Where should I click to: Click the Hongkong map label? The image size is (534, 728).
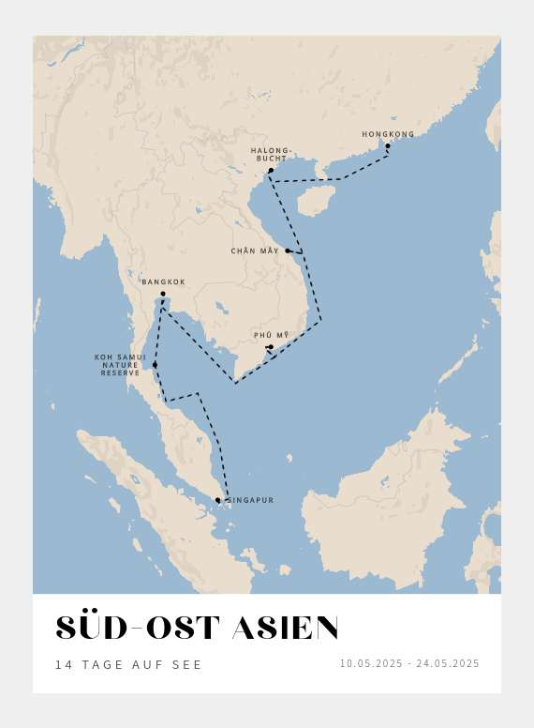tap(388, 134)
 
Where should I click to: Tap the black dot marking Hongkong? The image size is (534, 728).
tap(388, 145)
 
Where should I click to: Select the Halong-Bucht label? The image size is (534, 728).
tap(272, 155)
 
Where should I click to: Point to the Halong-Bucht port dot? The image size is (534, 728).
tap(271, 171)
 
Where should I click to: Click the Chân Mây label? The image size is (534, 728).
tap(255, 250)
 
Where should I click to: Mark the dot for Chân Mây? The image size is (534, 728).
tap(288, 250)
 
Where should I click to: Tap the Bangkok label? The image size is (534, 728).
tap(164, 281)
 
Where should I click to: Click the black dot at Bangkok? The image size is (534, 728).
tap(163, 294)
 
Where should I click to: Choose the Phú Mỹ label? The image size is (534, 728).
tap(272, 335)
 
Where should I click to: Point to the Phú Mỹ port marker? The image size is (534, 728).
tap(271, 347)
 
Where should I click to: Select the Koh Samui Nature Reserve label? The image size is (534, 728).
tap(120, 365)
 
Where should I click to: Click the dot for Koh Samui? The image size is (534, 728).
tap(155, 364)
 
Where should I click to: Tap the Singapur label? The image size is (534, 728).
tap(251, 500)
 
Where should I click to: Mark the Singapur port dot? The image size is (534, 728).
tap(218, 500)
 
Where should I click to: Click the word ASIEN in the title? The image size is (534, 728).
tap(285, 629)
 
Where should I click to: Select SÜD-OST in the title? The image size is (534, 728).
tap(138, 629)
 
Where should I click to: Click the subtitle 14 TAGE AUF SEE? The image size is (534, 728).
tap(128, 664)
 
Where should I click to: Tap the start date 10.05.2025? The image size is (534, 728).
tap(371, 663)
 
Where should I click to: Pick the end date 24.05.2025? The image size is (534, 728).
tap(448, 663)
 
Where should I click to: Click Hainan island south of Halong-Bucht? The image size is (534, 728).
tap(316, 199)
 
